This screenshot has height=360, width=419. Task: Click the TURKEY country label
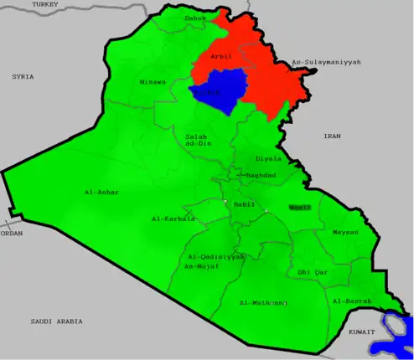(x=48, y=4)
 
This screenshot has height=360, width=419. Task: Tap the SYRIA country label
(x=23, y=76)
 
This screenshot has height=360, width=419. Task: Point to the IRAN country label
(x=334, y=135)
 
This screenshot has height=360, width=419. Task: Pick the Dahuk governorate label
(x=194, y=17)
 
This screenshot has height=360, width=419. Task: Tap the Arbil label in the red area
(x=221, y=56)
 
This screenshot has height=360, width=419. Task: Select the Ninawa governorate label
(x=152, y=82)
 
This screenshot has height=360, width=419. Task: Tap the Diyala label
(x=268, y=157)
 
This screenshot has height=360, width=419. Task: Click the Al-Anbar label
(x=102, y=192)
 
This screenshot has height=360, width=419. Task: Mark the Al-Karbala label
(x=173, y=218)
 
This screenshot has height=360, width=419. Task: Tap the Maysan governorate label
(x=345, y=232)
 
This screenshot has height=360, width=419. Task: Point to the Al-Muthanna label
(x=263, y=302)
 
